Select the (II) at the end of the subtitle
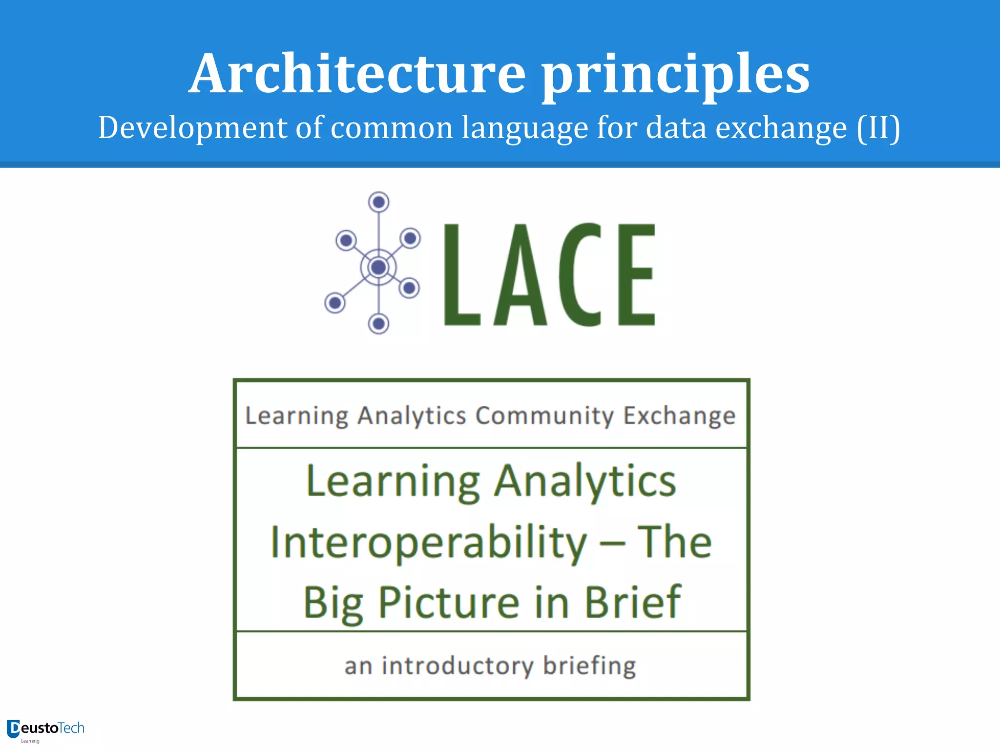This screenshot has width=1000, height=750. [878, 128]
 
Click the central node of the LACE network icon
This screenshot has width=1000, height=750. [378, 267]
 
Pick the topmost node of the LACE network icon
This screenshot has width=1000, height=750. [378, 202]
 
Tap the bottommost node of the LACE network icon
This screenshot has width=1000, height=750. [378, 323]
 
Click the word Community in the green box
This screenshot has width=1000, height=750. [544, 416]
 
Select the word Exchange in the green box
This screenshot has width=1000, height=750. [679, 416]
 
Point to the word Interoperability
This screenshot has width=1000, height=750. [429, 543]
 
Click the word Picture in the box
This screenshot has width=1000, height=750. [449, 603]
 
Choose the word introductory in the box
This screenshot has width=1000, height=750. [458, 666]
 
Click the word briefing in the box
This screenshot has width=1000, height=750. [589, 666]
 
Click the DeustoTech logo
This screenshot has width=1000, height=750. [45, 729]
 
